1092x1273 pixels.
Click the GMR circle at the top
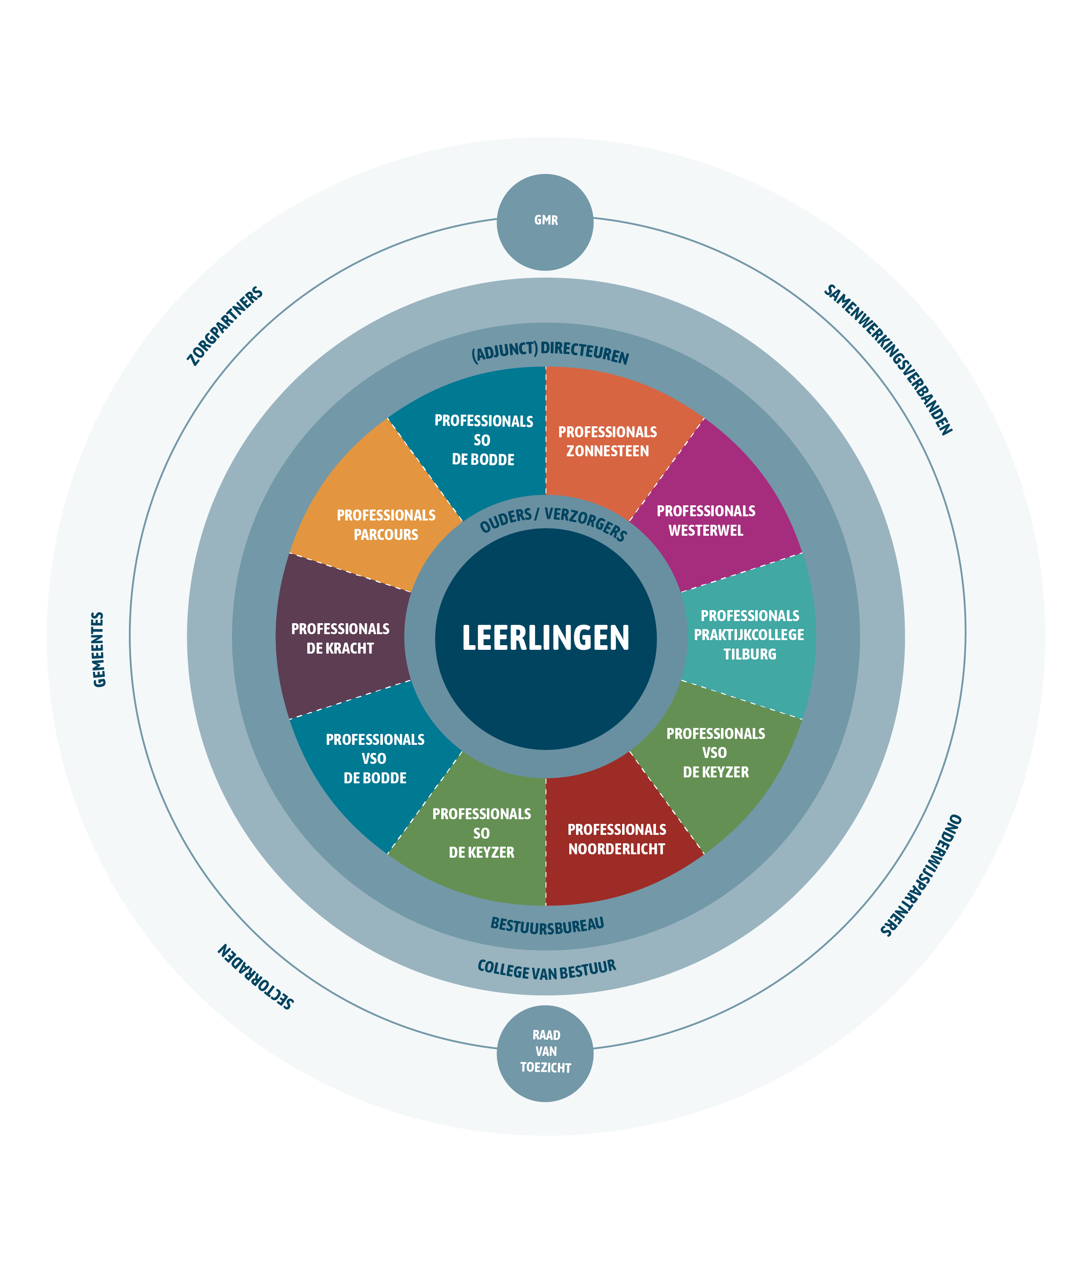click(x=545, y=221)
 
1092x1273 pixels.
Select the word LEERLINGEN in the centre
click(x=545, y=638)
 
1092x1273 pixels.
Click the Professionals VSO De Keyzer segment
click(x=715, y=752)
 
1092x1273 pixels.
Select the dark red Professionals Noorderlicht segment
click(x=616, y=839)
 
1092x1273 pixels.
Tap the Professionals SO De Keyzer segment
click(x=481, y=832)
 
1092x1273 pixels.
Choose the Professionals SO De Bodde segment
click(x=483, y=440)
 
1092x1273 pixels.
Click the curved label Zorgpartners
click(x=225, y=326)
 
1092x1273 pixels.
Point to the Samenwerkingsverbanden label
click(x=887, y=360)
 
